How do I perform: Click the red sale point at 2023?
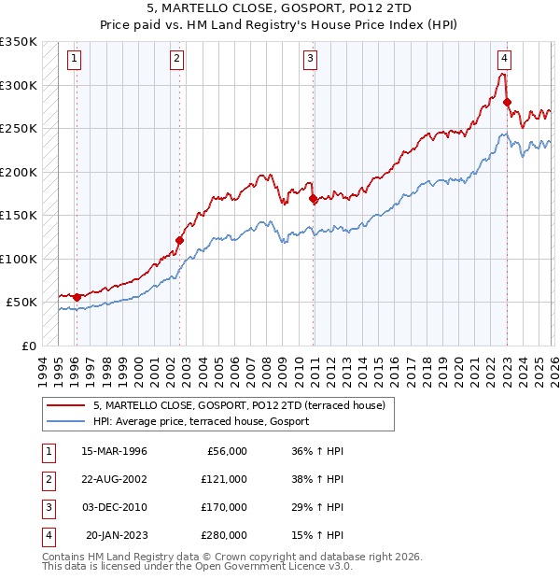pos(507,102)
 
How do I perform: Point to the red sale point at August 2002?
pos(180,240)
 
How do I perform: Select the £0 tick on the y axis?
pos(28,346)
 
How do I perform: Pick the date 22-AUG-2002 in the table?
pos(114,479)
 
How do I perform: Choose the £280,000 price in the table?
pos(224,535)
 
